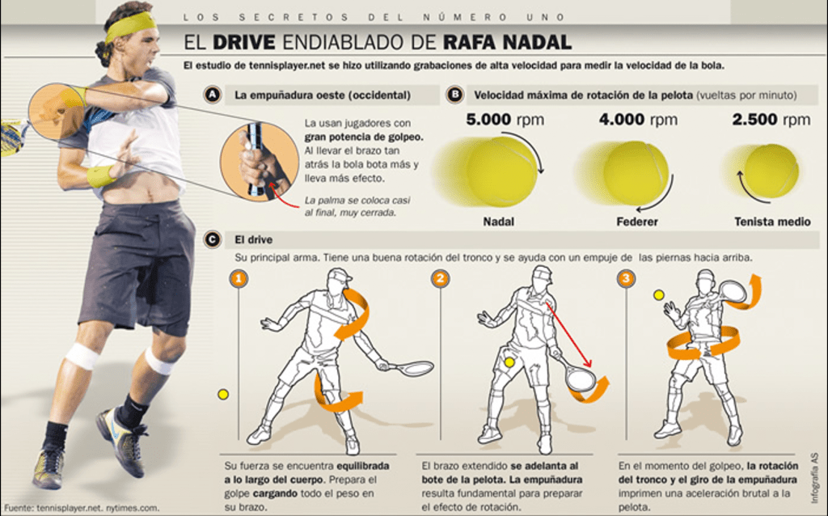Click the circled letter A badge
point(213,95)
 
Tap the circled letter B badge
point(454,95)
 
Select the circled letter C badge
point(213,239)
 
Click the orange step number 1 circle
point(239,279)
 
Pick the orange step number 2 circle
point(441,279)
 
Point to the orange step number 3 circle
point(627,278)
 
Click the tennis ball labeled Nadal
point(501,171)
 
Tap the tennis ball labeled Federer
point(636,173)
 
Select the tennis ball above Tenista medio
point(771,171)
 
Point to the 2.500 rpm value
point(771,120)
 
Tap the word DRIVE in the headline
point(244,42)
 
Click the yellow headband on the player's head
point(130,27)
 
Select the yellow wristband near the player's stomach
point(100,176)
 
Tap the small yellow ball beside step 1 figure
point(223,394)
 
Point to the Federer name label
point(637,222)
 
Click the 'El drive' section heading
point(253,239)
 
